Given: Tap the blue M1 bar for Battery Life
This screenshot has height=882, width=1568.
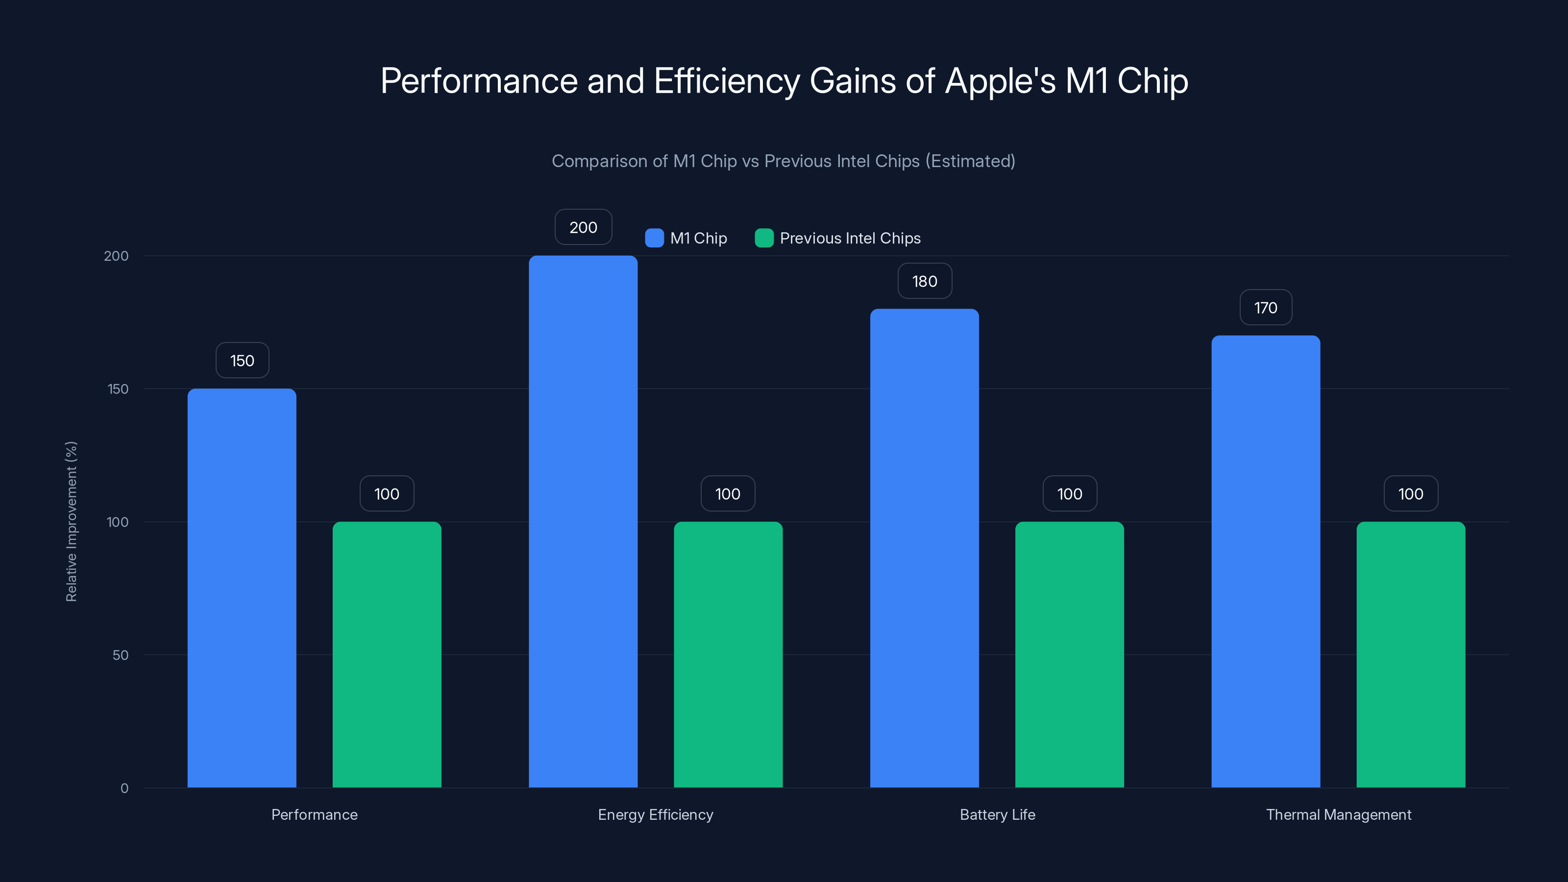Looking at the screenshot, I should click(x=924, y=548).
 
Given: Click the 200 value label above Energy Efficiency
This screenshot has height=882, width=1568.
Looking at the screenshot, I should click(x=583, y=227).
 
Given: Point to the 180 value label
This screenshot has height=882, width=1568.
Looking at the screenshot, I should click(x=924, y=281).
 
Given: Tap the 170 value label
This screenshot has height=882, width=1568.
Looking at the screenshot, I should click(x=1266, y=307).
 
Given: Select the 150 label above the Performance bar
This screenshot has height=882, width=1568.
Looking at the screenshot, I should click(x=242, y=360).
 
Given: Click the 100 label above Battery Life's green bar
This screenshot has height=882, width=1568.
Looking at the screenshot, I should click(x=1070, y=493).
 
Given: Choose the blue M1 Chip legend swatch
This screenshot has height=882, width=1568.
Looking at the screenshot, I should click(x=654, y=238).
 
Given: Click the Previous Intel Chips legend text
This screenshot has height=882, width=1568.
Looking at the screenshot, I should click(x=850, y=238).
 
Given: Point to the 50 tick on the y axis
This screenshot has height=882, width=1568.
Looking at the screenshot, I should click(x=121, y=655).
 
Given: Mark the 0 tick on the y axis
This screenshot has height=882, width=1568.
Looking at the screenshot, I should click(x=124, y=788).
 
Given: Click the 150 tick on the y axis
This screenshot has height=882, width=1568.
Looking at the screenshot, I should click(x=118, y=389).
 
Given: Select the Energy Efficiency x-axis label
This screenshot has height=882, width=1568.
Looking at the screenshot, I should click(x=655, y=814).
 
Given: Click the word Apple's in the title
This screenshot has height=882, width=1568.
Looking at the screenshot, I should click(x=1000, y=81).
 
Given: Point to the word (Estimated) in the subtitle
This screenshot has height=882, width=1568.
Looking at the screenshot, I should click(x=970, y=161).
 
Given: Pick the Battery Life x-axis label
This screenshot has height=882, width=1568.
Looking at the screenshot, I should click(x=997, y=814).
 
